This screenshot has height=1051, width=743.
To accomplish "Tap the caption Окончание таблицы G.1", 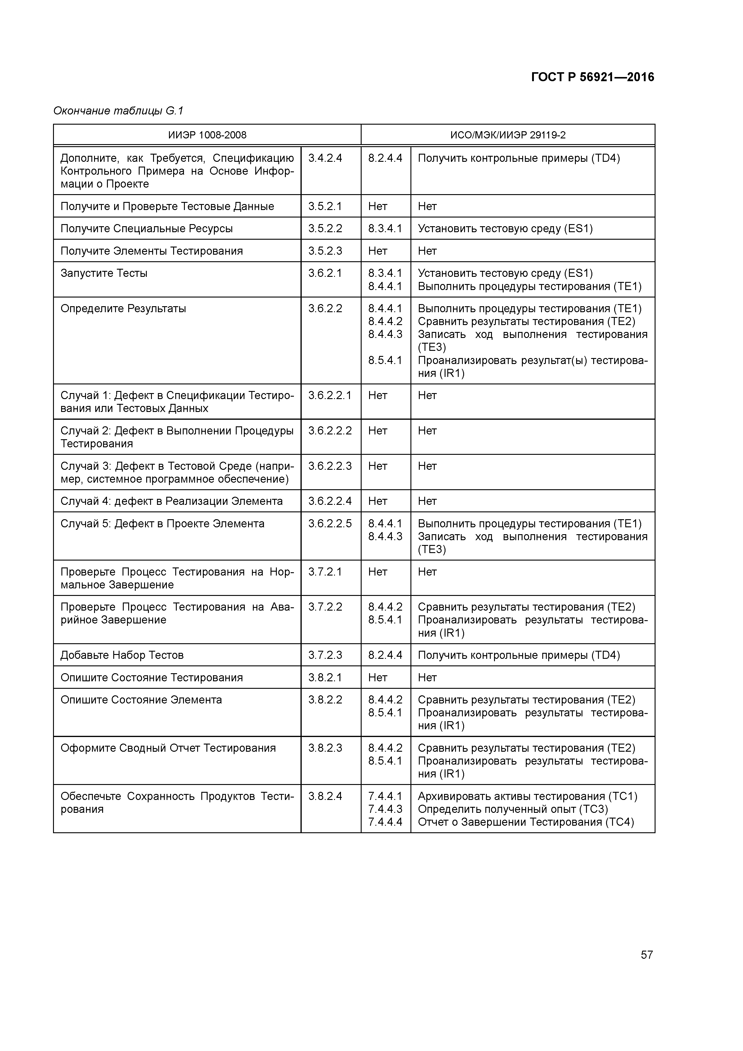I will pyautogui.click(x=118, y=111).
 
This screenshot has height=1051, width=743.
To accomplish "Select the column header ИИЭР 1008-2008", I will pyautogui.click(x=207, y=135).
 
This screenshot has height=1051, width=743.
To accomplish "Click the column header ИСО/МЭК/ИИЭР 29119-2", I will pyautogui.click(x=508, y=135).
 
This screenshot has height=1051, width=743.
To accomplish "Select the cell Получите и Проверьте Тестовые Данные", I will pyautogui.click(x=167, y=206).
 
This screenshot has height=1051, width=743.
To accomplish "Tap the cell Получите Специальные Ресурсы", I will pyautogui.click(x=147, y=228).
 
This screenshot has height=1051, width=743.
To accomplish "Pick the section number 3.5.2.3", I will pyautogui.click(x=325, y=251).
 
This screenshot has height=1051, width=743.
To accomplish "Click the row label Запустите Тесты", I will pyautogui.click(x=104, y=273).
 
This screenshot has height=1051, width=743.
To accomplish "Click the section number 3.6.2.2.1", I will pyautogui.click(x=330, y=395).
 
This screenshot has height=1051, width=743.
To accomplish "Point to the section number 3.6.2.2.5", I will pyautogui.click(x=330, y=524).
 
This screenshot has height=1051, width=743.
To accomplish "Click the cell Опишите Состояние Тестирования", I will pyautogui.click(x=152, y=677).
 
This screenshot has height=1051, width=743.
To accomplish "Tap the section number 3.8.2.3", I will pyautogui.click(x=325, y=748).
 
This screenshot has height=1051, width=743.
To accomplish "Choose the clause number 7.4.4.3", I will pyautogui.click(x=385, y=809).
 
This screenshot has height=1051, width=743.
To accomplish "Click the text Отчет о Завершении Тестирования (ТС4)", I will pyautogui.click(x=525, y=822).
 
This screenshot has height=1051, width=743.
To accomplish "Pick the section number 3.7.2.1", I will pyautogui.click(x=325, y=572).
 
